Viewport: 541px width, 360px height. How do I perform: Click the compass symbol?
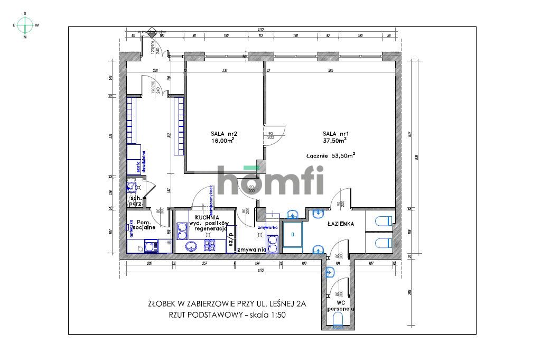(25, 25)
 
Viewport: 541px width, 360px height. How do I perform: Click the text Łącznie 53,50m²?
(330, 155)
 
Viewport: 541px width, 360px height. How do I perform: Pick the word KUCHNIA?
(207, 217)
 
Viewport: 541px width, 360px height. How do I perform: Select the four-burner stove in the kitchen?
(210, 245)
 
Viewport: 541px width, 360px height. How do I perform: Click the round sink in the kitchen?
(191, 246)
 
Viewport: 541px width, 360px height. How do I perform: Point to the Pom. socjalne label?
(144, 225)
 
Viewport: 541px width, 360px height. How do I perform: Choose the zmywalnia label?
(252, 249)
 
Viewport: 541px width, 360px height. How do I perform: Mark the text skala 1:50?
(271, 315)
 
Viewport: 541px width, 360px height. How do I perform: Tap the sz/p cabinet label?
(231, 236)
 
